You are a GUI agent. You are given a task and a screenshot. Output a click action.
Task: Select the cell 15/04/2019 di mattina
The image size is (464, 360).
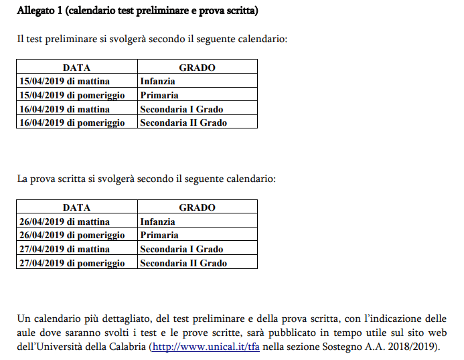(x=64, y=82)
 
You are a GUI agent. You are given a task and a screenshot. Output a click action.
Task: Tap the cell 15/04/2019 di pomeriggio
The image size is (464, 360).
(x=72, y=95)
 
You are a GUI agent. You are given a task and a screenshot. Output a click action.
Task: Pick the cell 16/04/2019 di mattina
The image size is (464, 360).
(x=64, y=109)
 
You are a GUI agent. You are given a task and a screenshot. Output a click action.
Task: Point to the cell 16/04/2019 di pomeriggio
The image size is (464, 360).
(x=72, y=122)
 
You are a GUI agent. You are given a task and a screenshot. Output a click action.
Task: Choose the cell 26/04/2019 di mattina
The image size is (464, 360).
(x=64, y=221)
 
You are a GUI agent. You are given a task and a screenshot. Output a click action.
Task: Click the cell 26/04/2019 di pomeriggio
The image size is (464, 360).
(x=72, y=235)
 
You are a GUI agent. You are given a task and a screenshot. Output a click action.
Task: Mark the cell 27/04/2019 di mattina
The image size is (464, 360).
(x=64, y=249)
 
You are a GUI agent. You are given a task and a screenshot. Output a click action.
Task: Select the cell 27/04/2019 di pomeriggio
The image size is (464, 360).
(x=72, y=263)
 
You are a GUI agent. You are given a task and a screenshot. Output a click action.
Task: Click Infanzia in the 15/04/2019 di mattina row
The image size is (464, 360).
(x=157, y=82)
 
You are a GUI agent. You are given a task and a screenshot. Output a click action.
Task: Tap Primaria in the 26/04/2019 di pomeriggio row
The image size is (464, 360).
(x=159, y=235)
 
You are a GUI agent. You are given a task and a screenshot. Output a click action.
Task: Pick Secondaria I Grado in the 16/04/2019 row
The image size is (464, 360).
(x=181, y=109)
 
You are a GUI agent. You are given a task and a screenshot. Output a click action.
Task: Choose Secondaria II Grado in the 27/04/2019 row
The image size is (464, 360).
(x=183, y=263)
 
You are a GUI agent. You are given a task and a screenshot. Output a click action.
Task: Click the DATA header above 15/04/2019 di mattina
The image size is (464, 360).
(x=76, y=68)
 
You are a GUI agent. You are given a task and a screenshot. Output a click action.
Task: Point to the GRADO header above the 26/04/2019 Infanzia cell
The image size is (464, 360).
(x=197, y=207)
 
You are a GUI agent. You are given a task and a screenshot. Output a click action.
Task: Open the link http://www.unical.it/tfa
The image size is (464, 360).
(x=206, y=347)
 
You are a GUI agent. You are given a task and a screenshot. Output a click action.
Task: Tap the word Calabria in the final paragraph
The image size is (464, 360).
(x=127, y=347)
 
